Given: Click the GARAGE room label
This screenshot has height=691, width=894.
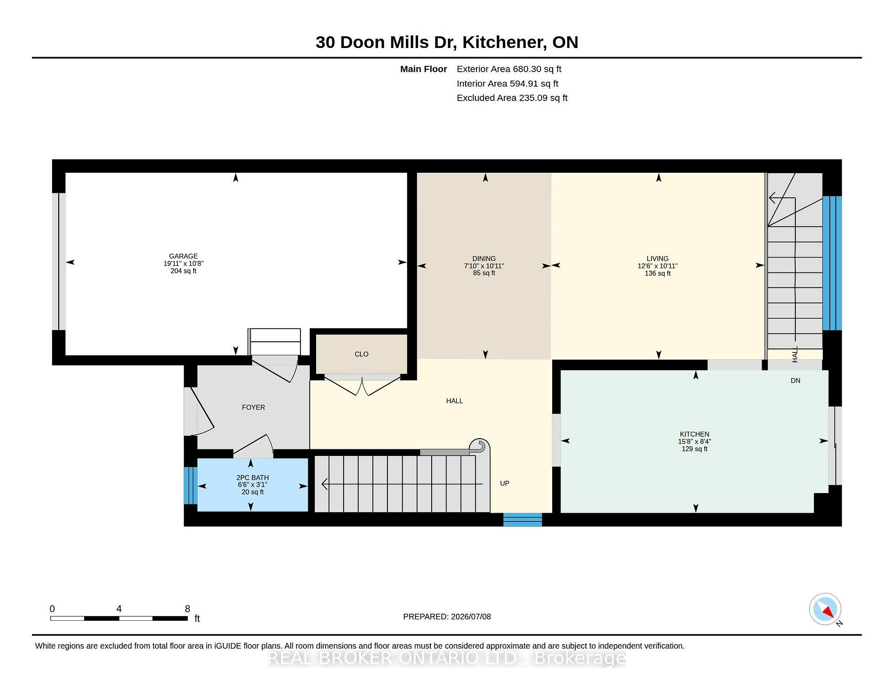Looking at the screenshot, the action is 183,256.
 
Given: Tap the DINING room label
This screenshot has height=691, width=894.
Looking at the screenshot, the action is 484,258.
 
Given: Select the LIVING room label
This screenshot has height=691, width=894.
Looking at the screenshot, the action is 657,258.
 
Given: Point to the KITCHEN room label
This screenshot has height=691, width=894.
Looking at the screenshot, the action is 694,434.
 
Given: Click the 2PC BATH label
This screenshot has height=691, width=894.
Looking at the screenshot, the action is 252,477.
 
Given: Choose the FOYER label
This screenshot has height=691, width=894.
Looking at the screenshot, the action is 253,407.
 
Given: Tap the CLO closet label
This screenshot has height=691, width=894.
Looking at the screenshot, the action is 361,354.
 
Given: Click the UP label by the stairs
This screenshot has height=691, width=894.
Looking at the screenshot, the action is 505,483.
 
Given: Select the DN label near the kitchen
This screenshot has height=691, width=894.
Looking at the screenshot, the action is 795,380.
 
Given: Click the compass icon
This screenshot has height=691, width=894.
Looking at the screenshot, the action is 825,609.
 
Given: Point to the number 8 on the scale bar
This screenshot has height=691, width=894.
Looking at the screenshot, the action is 188,609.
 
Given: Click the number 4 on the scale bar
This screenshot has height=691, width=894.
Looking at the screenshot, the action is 119,609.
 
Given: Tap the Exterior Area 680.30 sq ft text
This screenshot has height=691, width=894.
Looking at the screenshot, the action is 509,69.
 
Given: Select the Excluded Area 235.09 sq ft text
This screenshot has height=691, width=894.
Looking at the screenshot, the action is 512,98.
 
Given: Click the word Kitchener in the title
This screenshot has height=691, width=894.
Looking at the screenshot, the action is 504,42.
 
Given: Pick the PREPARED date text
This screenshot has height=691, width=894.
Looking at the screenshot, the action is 447,616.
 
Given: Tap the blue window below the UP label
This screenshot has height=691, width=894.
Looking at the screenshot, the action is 522,520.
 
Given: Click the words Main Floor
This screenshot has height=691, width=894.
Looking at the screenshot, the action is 424,69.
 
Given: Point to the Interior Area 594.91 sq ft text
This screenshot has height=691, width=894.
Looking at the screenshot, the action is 508,83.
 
